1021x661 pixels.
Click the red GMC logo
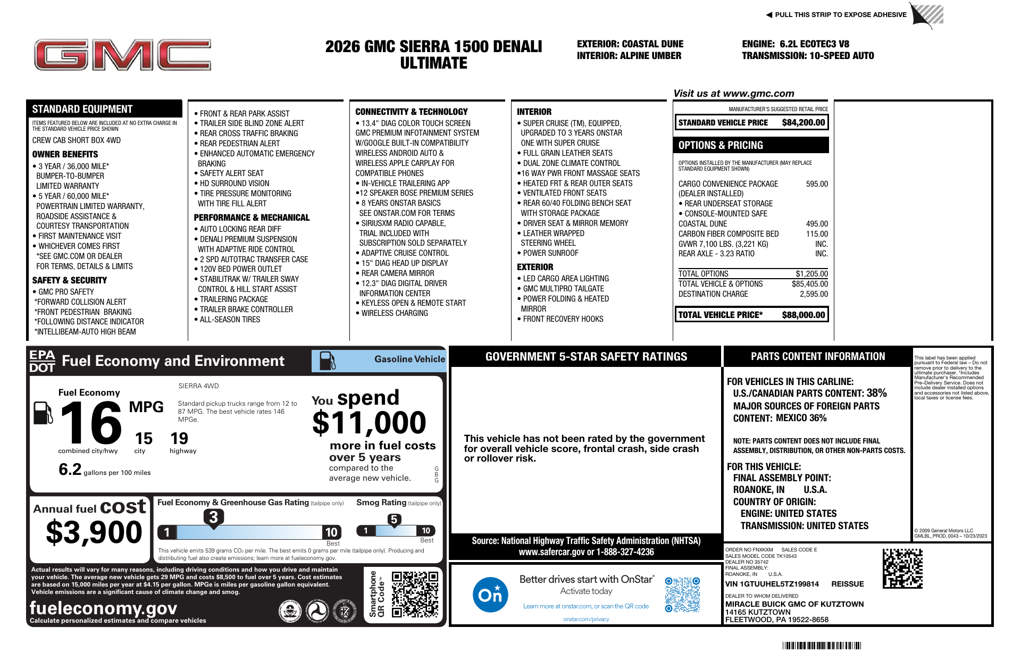click(122, 55)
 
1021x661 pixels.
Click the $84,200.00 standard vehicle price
click(803, 123)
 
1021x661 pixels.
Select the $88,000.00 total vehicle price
click(803, 315)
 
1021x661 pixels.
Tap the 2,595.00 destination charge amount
click(814, 294)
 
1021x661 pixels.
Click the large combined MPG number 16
click(91, 423)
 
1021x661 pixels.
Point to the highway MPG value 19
click(179, 439)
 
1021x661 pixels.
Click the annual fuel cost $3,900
click(94, 532)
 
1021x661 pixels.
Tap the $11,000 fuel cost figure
click(369, 423)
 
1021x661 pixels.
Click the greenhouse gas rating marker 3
click(213, 517)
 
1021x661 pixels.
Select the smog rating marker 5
click(394, 520)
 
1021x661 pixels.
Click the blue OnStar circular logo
click(490, 595)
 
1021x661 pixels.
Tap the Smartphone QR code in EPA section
click(415, 594)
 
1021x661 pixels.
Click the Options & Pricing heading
click(720, 145)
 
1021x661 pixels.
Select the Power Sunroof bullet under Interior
click(550, 253)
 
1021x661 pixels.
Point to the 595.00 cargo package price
click(816, 184)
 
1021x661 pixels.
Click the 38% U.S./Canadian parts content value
click(876, 393)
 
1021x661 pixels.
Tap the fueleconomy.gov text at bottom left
click(103, 608)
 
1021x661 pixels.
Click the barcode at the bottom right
click(821, 646)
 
